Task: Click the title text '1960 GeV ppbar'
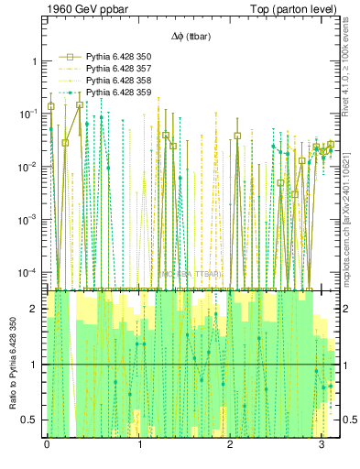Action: click(x=82, y=10)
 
